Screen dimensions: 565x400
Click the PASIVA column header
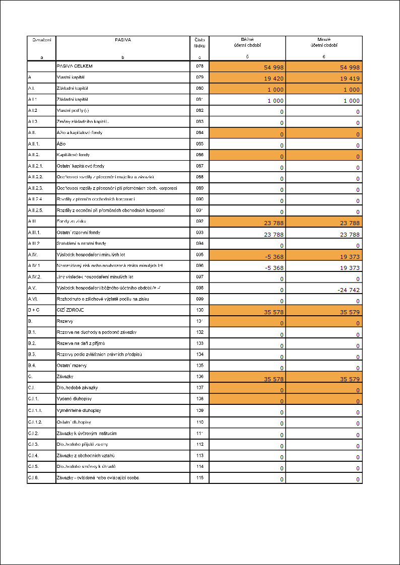click(x=122, y=39)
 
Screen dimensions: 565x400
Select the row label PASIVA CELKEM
click(x=74, y=66)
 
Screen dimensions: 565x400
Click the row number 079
click(x=199, y=77)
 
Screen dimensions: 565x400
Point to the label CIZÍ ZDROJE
click(x=70, y=310)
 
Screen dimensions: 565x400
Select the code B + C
click(x=34, y=310)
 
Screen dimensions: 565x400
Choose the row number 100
click(x=199, y=310)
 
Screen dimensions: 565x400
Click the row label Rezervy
click(x=64, y=321)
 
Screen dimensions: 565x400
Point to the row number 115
click(x=199, y=477)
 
